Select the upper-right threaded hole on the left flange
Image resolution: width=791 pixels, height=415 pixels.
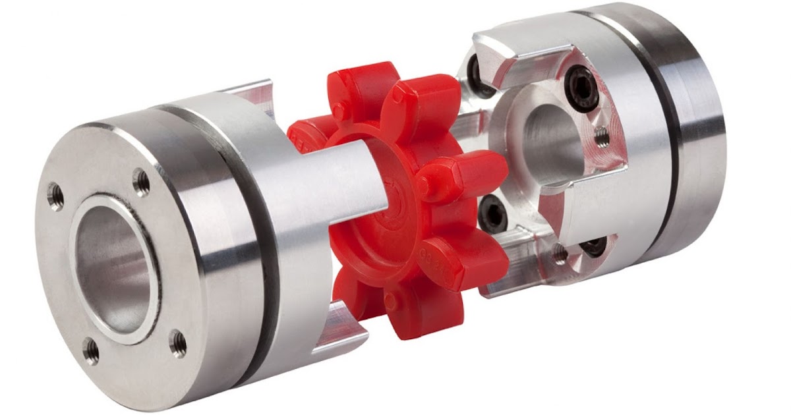pyautogui.click(x=140, y=179)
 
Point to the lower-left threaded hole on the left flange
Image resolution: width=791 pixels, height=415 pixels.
pyautogui.click(x=91, y=350)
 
